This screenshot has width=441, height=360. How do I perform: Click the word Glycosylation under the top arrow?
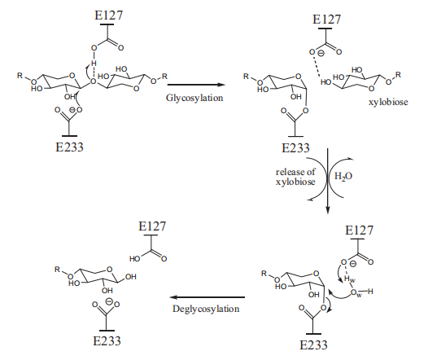coord(194,99)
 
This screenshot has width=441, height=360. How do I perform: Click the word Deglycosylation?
coord(206,309)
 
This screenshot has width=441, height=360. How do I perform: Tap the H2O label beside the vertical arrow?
coord(343,177)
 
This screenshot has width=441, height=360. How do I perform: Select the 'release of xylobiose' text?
coord(295,177)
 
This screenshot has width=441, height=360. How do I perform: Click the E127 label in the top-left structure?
coord(108,15)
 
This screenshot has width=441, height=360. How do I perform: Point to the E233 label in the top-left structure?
coord(69,147)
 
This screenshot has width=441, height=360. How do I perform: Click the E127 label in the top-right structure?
coord(326,20)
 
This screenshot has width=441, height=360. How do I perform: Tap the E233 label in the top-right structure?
coord(295,148)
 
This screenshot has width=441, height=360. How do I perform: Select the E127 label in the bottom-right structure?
coord(359,230)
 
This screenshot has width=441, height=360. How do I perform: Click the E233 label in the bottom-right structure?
coord(313,345)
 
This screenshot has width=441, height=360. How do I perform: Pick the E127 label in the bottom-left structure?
coord(152,226)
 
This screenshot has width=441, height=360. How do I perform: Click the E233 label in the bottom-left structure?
coord(107,341)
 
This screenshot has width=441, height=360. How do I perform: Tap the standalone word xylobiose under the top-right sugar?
coord(388,102)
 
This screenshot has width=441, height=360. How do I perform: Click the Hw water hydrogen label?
coord(350,279)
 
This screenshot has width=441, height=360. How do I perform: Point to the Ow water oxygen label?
coord(356,292)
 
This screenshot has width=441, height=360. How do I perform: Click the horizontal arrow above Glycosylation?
coord(196,85)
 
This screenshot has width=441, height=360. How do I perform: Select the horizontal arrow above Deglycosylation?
coord(207,297)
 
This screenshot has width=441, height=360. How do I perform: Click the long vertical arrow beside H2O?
coord(327,181)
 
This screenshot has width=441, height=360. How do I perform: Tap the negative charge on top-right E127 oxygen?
coord(321,53)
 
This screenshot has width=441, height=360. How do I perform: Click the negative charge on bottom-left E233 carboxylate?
coord(109,301)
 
